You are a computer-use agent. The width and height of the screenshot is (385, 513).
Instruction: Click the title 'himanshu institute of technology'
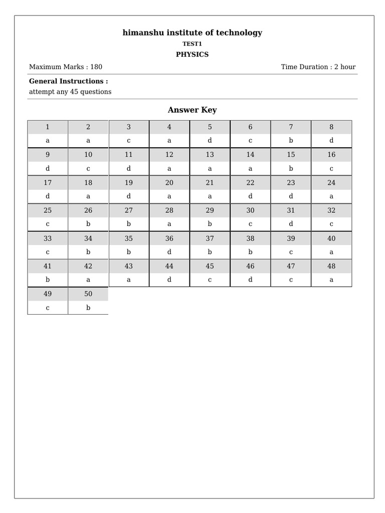(x=192, y=33)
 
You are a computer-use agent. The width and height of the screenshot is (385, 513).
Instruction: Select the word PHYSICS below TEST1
(x=192, y=54)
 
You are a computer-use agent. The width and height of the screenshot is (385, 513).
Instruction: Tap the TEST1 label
(x=192, y=44)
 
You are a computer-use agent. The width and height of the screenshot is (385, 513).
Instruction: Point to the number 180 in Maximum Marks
(x=96, y=67)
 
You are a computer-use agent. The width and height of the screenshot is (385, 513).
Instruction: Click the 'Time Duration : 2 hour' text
(x=318, y=67)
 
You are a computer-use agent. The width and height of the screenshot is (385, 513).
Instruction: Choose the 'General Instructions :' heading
(x=68, y=81)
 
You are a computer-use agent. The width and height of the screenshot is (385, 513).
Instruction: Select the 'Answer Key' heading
(x=192, y=110)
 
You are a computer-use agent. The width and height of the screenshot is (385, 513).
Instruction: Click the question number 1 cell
(x=48, y=127)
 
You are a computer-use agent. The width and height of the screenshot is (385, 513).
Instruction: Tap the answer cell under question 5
(x=210, y=141)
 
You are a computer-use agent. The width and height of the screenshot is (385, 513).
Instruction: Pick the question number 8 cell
(x=331, y=127)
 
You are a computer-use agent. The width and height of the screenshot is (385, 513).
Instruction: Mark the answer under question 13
(x=210, y=169)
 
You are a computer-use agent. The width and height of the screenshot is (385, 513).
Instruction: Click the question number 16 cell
(x=331, y=155)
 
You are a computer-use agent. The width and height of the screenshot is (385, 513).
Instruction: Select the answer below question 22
(x=250, y=196)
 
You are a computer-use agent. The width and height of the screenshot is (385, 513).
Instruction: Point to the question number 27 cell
(x=129, y=210)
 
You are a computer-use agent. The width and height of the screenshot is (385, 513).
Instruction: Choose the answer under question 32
(x=331, y=224)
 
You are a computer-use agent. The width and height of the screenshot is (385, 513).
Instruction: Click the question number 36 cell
(x=169, y=238)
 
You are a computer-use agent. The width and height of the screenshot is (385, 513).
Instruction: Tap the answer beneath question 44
(x=169, y=280)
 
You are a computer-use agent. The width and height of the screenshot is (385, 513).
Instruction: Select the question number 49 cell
(x=48, y=294)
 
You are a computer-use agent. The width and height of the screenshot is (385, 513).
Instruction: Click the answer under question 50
(x=88, y=308)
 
